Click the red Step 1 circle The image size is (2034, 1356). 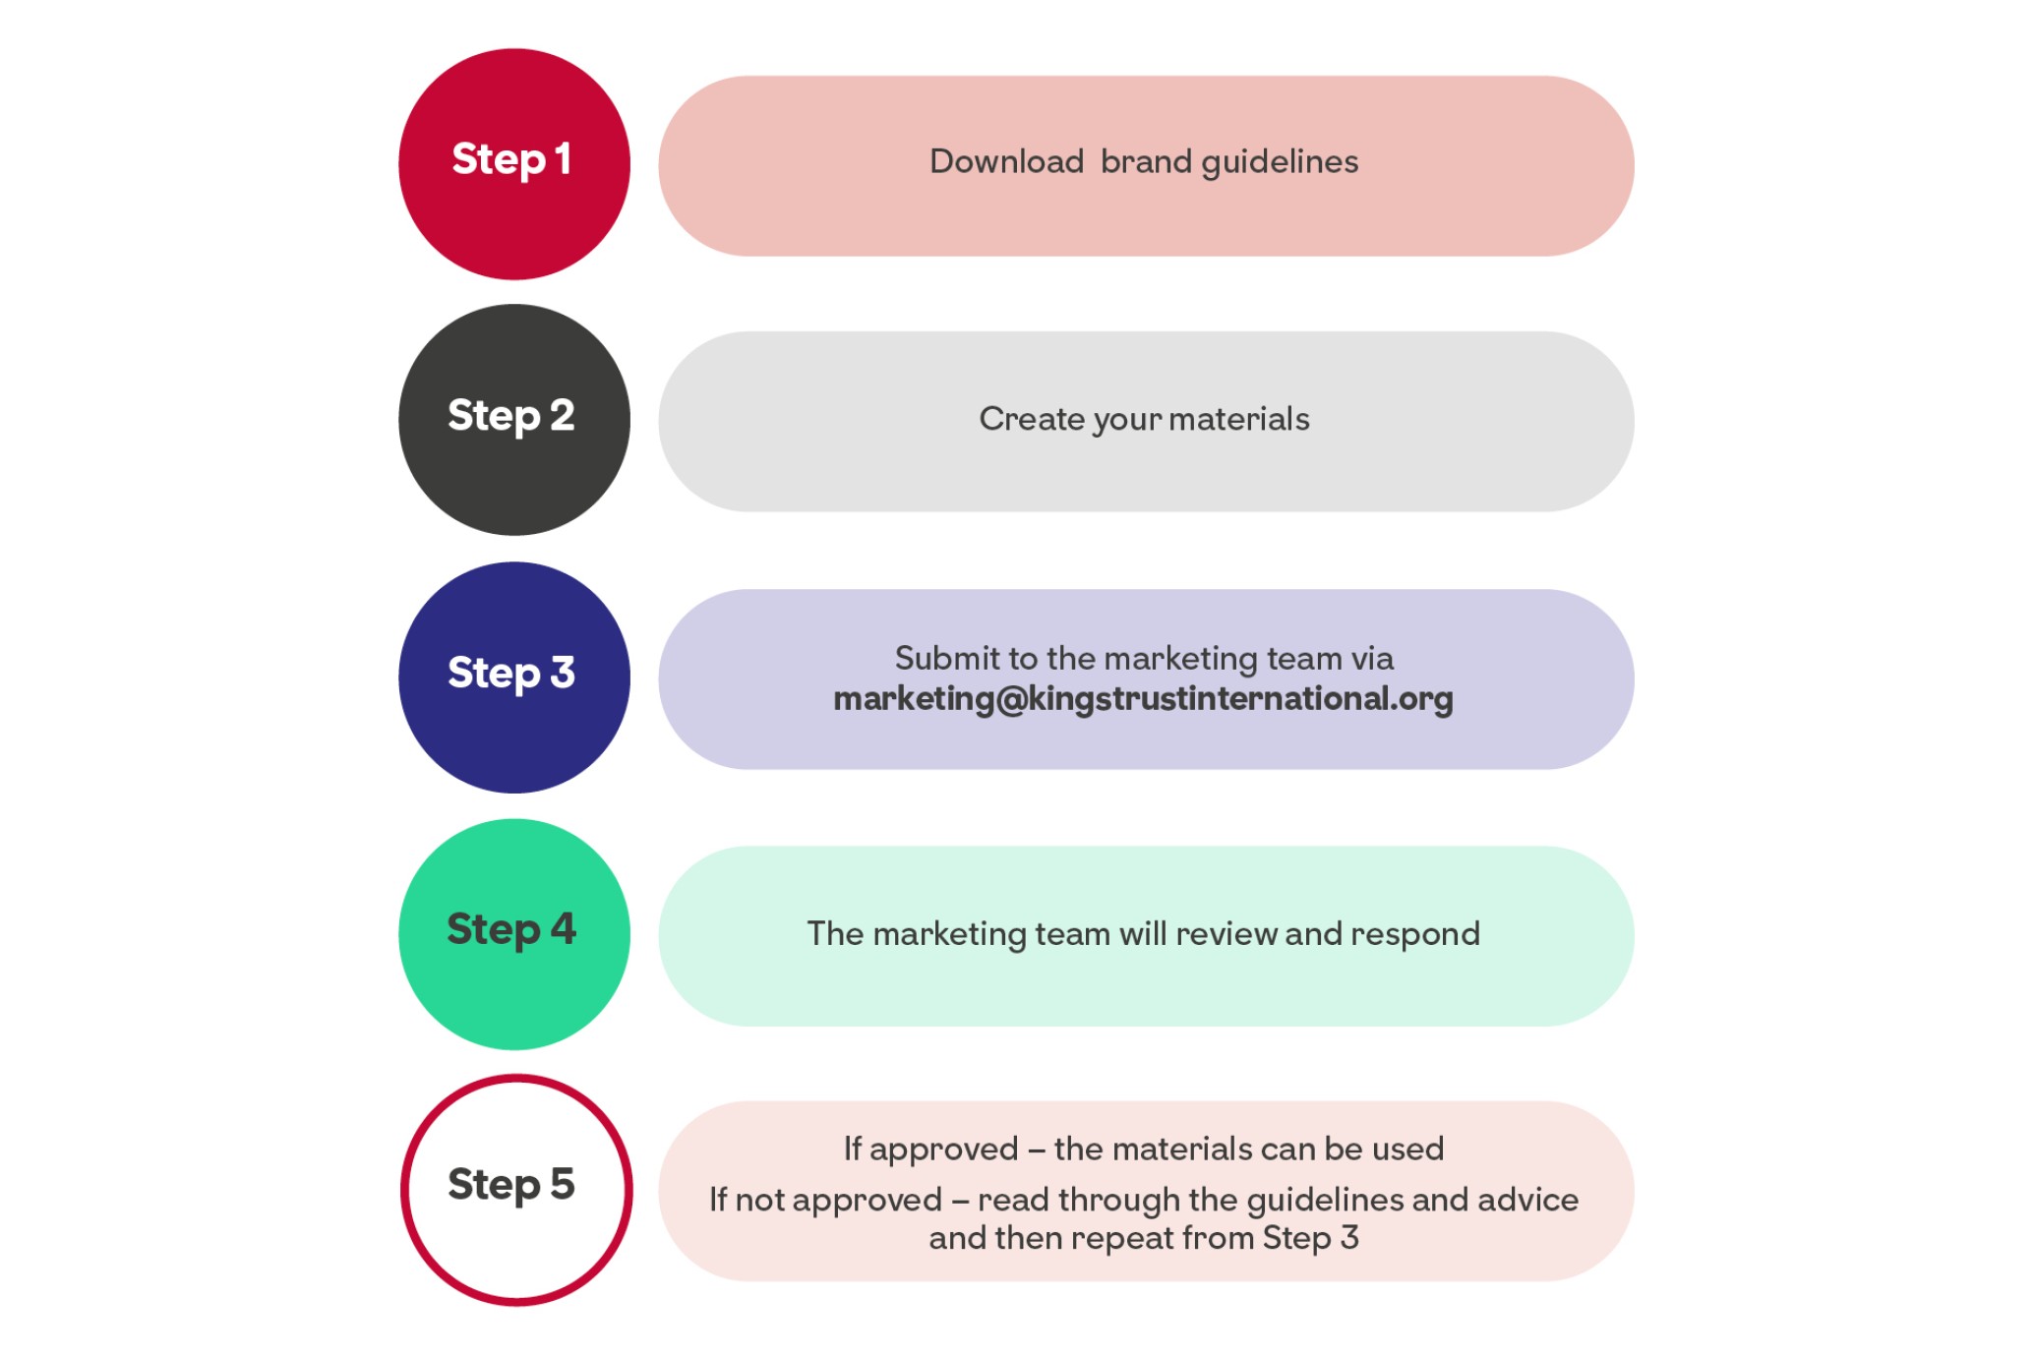(513, 164)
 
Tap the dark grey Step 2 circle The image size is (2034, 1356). (513, 420)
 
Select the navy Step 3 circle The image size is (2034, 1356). (513, 678)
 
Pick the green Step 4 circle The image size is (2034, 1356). (513, 934)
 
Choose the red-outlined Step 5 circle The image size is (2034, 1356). (515, 1190)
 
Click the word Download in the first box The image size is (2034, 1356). (1006, 161)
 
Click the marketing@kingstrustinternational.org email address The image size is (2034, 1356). (1143, 699)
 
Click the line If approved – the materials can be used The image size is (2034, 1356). (1144, 1149)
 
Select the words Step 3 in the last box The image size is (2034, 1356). (1310, 1237)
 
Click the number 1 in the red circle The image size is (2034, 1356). (562, 159)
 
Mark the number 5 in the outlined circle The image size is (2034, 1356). (562, 1184)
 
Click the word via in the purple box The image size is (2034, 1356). (1372, 658)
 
